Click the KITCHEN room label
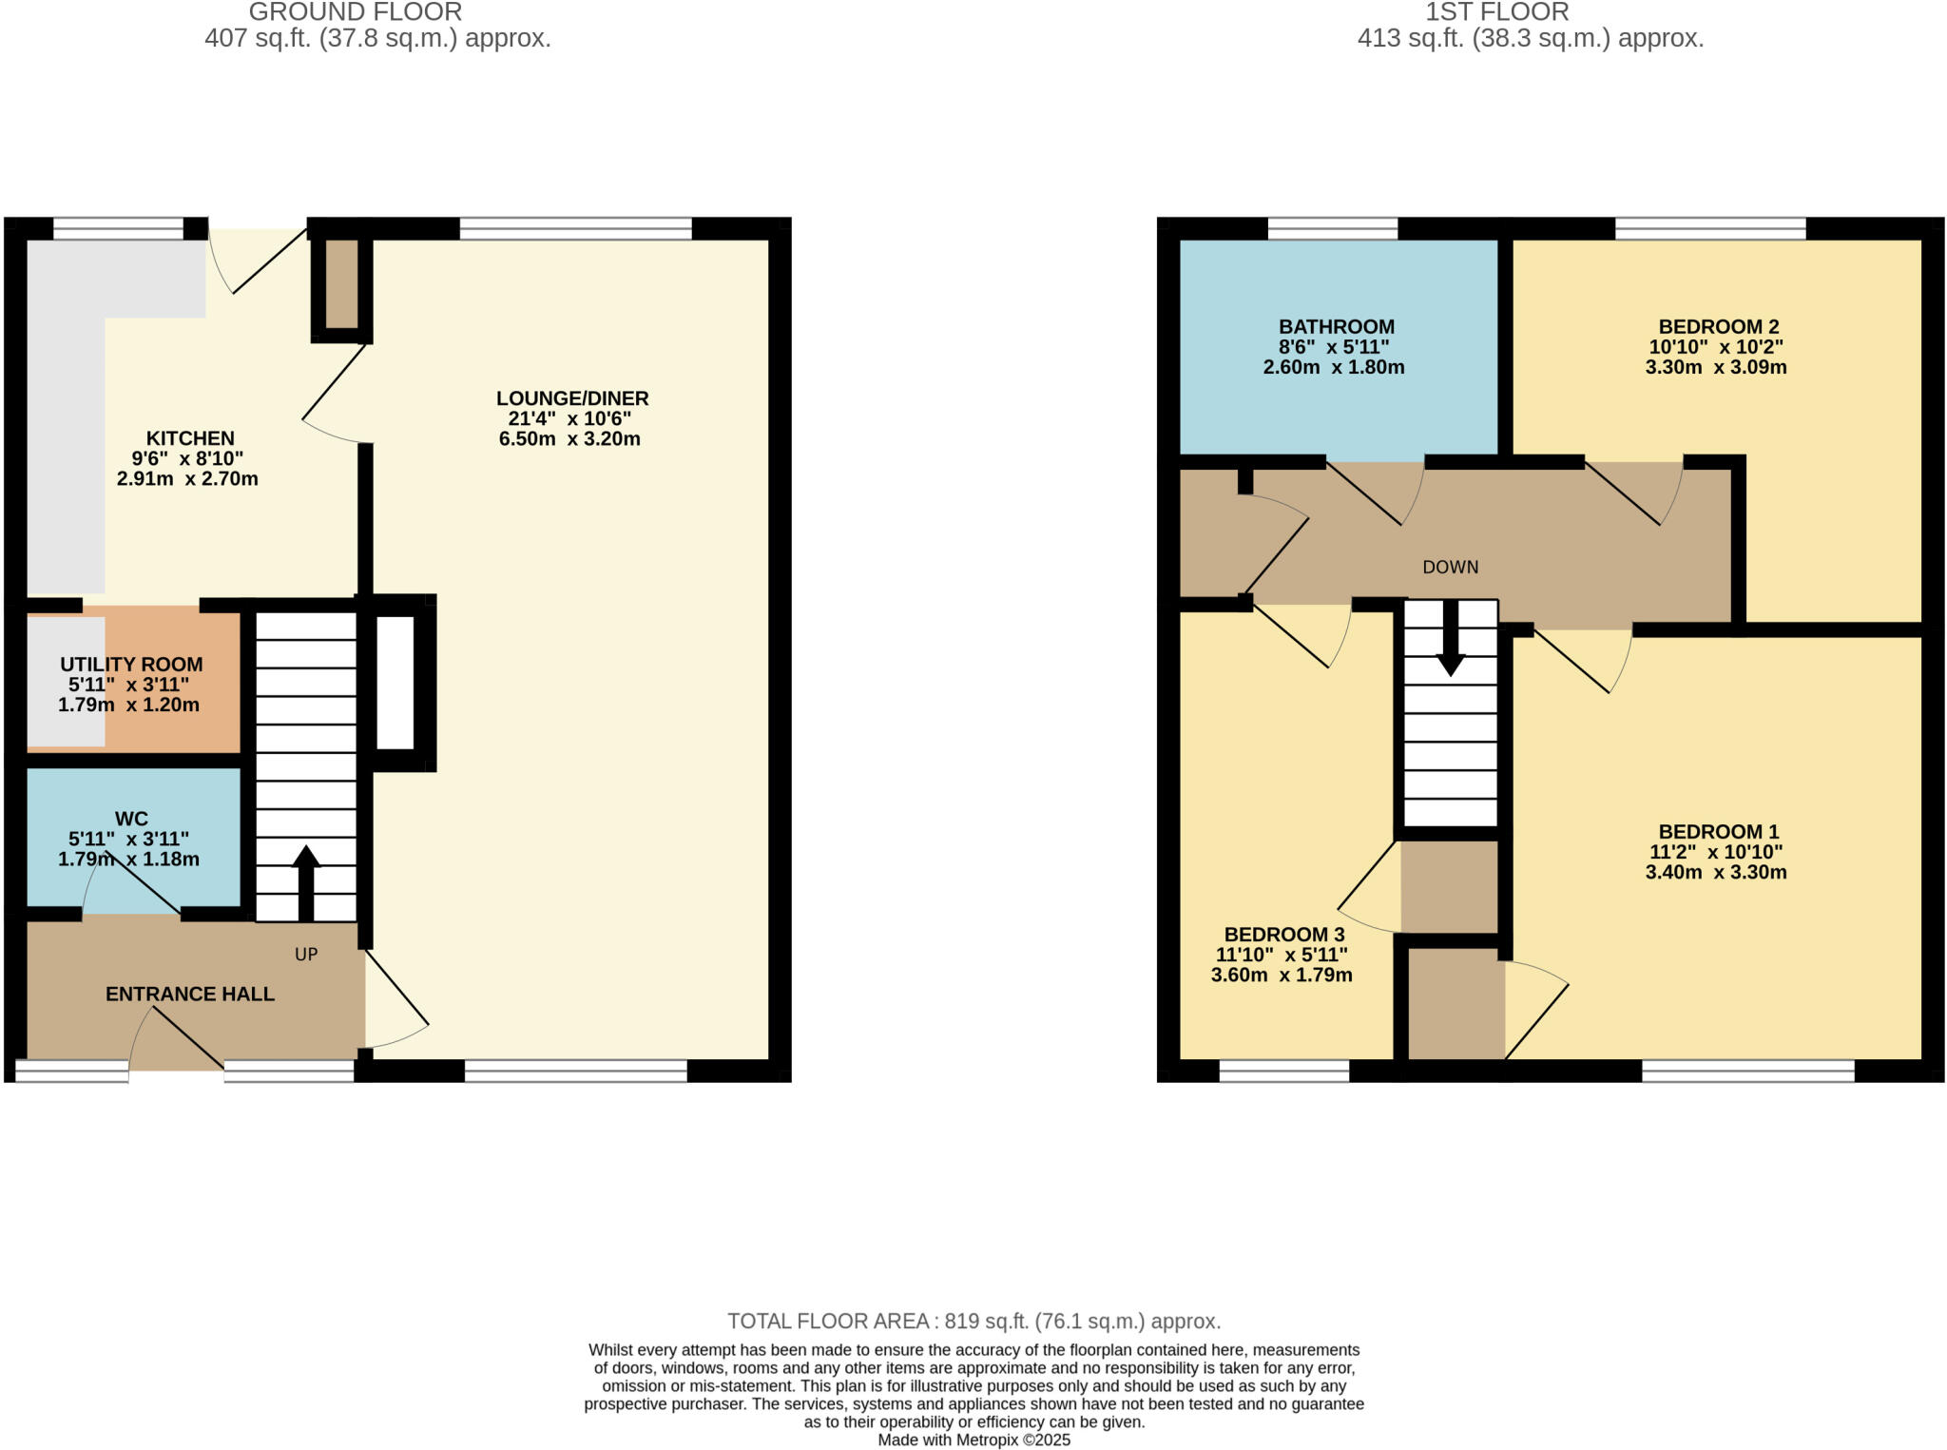coord(189,438)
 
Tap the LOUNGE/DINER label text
coord(571,398)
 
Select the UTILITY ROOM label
coord(131,665)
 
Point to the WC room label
coord(131,819)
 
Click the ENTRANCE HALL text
coord(189,994)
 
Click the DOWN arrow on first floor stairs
coord(1450,639)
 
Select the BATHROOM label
coord(1336,327)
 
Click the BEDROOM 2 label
coord(1718,327)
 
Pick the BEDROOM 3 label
coord(1283,935)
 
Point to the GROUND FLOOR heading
coord(355,12)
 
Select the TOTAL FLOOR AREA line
coord(973,1321)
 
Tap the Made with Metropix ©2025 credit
coord(973,1440)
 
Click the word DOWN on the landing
coord(1450,568)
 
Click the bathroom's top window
coord(1332,228)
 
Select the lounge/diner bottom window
coord(575,1071)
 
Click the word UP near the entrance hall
coord(306,955)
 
